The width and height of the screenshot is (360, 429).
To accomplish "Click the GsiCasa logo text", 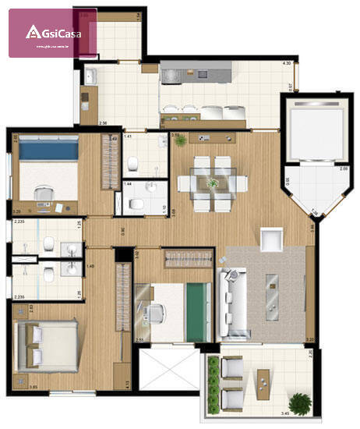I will [x=58, y=32].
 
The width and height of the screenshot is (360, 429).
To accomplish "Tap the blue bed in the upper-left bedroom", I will [x=49, y=147].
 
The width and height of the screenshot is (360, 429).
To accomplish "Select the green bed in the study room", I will [x=198, y=311].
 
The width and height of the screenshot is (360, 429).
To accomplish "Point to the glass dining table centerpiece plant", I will [x=213, y=183].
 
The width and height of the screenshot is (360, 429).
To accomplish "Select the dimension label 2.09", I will [x=344, y=168].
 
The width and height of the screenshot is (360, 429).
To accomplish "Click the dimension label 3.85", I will [x=33, y=407].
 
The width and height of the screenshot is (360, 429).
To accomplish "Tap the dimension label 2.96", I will [x=102, y=124].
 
